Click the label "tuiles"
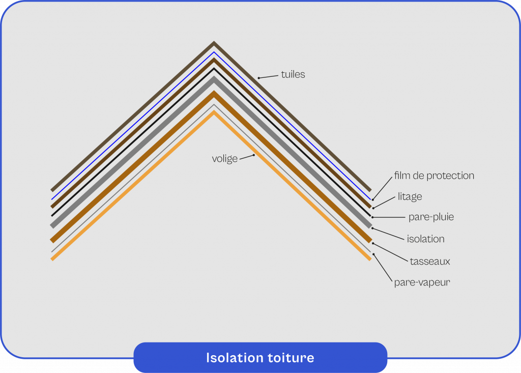(293, 74)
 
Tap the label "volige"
(225, 159)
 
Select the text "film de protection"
(434, 176)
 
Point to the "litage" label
(410, 196)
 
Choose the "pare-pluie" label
(431, 217)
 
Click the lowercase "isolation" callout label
(425, 239)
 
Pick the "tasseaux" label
(430, 262)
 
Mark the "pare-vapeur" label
(422, 282)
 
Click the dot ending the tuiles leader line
(259, 78)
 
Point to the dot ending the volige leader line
(254, 155)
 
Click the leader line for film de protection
(383, 187)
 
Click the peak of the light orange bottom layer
(214, 112)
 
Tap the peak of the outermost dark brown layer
(214, 43)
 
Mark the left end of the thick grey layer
(52, 225)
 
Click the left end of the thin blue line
(52, 198)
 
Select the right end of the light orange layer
(370, 259)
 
